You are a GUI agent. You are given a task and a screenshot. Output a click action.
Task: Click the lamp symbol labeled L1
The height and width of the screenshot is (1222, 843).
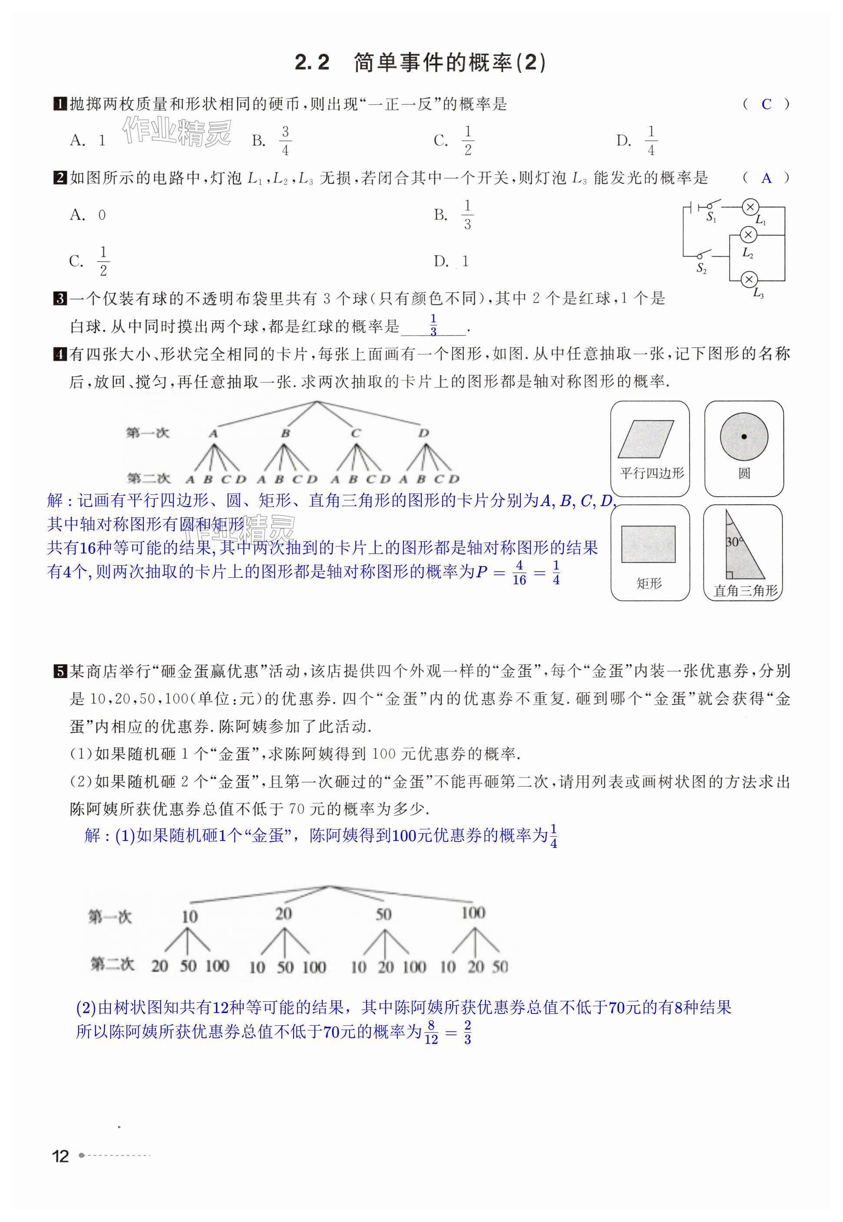[750, 207]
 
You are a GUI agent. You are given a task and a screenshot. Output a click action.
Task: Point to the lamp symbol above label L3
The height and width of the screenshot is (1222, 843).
[748, 279]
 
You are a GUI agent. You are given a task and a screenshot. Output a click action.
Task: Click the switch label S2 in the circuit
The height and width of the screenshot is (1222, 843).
[701, 268]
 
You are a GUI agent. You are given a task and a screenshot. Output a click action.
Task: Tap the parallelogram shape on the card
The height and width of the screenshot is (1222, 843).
[645, 438]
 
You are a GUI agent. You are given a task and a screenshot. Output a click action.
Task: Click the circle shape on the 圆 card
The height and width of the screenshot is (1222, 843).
[744, 437]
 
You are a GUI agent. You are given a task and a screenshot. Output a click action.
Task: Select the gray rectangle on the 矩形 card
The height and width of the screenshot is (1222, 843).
[648, 544]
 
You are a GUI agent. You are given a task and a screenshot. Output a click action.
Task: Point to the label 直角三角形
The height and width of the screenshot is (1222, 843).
[745, 591]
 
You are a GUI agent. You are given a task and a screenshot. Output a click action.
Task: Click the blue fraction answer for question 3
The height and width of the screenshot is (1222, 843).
[433, 325]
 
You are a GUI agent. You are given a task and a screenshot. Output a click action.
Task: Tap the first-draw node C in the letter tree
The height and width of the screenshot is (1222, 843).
[355, 433]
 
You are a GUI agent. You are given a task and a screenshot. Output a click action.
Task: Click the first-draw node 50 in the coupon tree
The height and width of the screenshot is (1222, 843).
[383, 914]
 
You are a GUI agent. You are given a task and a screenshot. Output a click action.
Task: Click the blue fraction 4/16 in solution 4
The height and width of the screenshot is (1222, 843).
[519, 573]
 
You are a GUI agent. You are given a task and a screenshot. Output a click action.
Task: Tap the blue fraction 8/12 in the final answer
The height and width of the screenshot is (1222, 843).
[431, 1032]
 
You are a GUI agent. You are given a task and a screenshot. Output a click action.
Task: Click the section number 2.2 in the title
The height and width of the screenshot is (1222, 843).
[312, 63]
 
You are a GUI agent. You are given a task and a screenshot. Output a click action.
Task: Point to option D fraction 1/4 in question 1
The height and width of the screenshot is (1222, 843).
[651, 141]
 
